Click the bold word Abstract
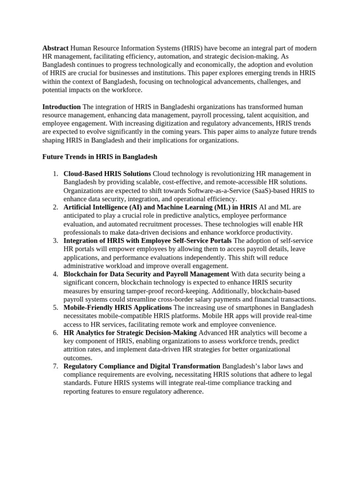55,48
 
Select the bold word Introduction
61,107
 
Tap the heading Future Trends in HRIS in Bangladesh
100,157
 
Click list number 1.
55,174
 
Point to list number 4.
55,274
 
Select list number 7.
55,366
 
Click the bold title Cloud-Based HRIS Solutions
107,174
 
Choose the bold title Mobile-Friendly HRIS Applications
118,307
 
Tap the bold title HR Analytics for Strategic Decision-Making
130,333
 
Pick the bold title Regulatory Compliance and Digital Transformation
142,366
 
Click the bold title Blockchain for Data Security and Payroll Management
146,274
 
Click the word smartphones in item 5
254,307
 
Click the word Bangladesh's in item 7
242,366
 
